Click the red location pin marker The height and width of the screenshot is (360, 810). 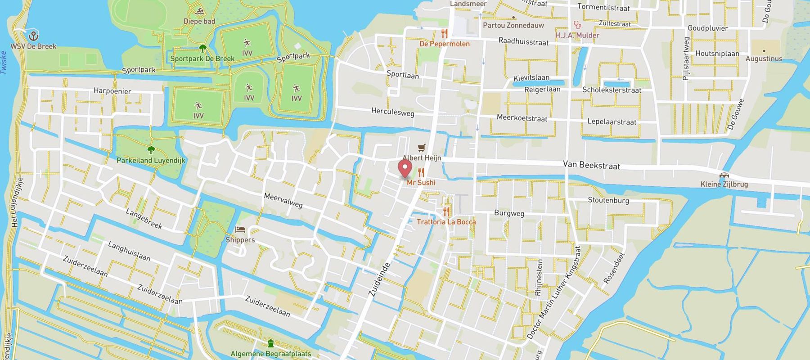click(405, 169)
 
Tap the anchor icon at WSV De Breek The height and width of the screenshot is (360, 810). click(32, 36)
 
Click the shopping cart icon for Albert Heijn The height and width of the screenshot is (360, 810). click(421, 148)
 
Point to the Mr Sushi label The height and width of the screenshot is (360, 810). click(421, 183)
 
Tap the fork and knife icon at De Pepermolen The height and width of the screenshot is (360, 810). click(445, 34)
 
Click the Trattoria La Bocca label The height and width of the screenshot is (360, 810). click(446, 222)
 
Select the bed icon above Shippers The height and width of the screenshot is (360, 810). click(240, 230)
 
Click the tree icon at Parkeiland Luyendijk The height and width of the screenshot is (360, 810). click(151, 150)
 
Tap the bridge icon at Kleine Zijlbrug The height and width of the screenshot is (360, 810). click(724, 175)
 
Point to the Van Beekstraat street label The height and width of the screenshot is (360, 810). click(591, 166)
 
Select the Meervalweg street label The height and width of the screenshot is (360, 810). click(283, 201)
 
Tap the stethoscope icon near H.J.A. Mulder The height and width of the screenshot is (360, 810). click(577, 25)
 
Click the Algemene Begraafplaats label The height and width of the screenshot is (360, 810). click(270, 354)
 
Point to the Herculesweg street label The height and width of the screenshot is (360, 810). click(392, 112)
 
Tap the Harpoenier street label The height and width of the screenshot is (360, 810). click(112, 91)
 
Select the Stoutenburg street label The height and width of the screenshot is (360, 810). click(608, 200)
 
